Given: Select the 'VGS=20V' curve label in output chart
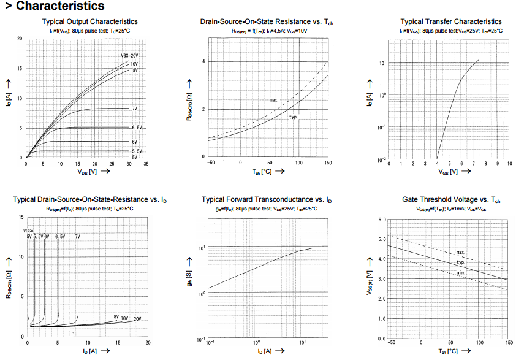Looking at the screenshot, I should pyautogui.click(x=129, y=56).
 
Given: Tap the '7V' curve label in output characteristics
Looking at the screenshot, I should pyautogui.click(x=134, y=109).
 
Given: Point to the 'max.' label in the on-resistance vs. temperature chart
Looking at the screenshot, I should pyautogui.click(x=274, y=99).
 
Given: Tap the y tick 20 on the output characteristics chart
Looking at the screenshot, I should pyautogui.click(x=20, y=39).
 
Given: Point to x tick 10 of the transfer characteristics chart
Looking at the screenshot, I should pyautogui.click(x=509, y=164).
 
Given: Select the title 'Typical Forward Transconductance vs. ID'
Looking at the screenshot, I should pyautogui.click(x=267, y=200).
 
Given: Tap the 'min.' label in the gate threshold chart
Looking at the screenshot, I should pyautogui.click(x=460, y=272).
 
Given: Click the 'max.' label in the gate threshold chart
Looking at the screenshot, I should pyautogui.click(x=461, y=252).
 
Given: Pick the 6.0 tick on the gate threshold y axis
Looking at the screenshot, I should pyautogui.click(x=383, y=220).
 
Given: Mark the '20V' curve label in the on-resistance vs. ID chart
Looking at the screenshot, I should pyautogui.click(x=137, y=319).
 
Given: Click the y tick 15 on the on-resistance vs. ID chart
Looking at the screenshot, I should pyautogui.click(x=21, y=218).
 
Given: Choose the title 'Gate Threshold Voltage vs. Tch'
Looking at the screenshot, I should pyautogui.click(x=451, y=200).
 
